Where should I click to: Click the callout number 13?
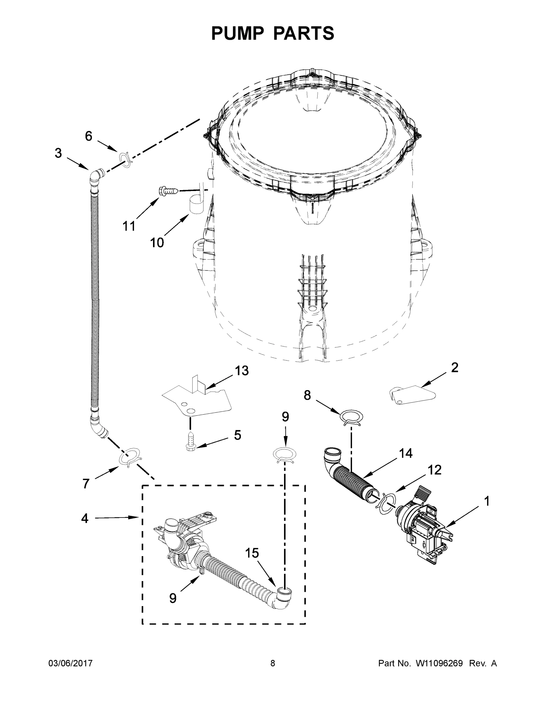click(242, 371)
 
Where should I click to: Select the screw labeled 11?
click(168, 192)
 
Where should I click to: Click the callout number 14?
click(405, 454)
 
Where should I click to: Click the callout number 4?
click(85, 519)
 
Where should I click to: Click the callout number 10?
click(157, 243)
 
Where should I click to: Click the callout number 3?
click(58, 153)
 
